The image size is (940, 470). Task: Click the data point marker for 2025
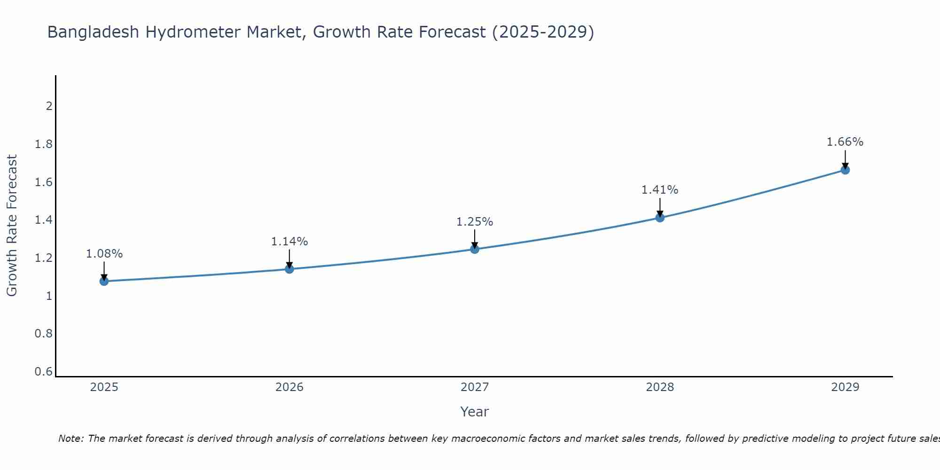tap(104, 281)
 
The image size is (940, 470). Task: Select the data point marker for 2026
tap(290, 269)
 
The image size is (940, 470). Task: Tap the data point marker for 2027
tap(475, 249)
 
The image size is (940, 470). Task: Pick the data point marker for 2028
tap(660, 218)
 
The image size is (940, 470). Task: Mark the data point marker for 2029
tap(845, 170)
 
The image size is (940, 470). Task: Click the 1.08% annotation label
tap(104, 254)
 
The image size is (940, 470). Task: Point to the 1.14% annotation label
tap(290, 242)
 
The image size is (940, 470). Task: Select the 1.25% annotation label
tap(475, 222)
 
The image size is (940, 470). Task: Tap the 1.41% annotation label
tap(660, 190)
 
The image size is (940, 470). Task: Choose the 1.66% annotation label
tap(845, 142)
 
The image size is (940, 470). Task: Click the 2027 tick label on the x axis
tap(475, 387)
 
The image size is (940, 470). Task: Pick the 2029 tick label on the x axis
tap(845, 387)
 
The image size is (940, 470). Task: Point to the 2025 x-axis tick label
tap(104, 387)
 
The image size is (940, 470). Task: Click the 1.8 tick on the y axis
tap(44, 144)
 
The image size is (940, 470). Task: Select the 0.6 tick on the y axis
tap(44, 372)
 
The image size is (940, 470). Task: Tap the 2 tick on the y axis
tap(49, 106)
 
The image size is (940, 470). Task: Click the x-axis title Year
tap(475, 412)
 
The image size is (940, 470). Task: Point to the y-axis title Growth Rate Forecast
tap(12, 226)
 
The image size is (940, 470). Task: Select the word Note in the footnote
tap(70, 439)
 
